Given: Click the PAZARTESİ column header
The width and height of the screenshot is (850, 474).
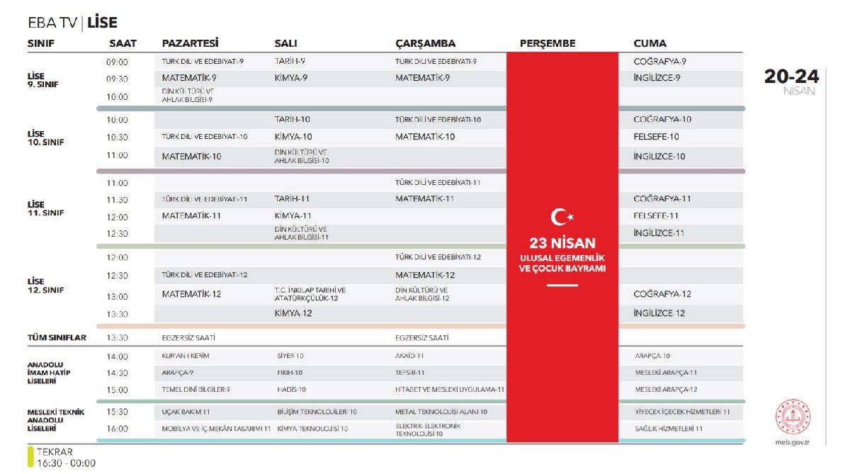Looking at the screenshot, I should tap(190, 43).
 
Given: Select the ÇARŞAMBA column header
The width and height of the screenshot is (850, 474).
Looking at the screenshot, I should tap(425, 43).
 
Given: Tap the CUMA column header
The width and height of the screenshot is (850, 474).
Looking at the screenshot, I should tap(650, 43).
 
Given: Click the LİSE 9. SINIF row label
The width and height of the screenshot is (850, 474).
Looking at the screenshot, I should tap(42, 79).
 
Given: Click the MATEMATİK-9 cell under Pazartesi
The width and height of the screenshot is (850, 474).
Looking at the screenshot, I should tap(189, 78).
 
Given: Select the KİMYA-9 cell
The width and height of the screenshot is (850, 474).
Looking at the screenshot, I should tap(290, 78).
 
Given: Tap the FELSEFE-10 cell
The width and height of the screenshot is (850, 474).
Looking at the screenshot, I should tap(656, 137).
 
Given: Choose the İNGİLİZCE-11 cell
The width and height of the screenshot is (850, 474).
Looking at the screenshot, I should tap(659, 232).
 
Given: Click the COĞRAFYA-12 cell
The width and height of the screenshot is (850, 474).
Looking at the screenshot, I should tap(662, 294).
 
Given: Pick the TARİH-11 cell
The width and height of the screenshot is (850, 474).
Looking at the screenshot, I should tap(292, 199).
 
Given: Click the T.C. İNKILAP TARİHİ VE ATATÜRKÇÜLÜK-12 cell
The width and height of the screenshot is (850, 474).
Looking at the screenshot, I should tap(310, 294).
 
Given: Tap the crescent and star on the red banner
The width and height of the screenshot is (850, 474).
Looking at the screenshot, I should tap(562, 216).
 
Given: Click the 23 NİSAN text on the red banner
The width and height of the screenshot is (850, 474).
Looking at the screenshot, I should tap(562, 242).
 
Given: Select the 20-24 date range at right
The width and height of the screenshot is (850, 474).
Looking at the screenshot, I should tap(791, 77).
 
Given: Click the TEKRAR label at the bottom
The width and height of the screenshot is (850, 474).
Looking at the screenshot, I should tap(55, 451).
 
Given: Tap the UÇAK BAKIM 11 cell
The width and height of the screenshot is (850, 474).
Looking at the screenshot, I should tap(186, 412).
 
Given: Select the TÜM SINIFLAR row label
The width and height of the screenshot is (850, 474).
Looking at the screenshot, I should tap(57, 338).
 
